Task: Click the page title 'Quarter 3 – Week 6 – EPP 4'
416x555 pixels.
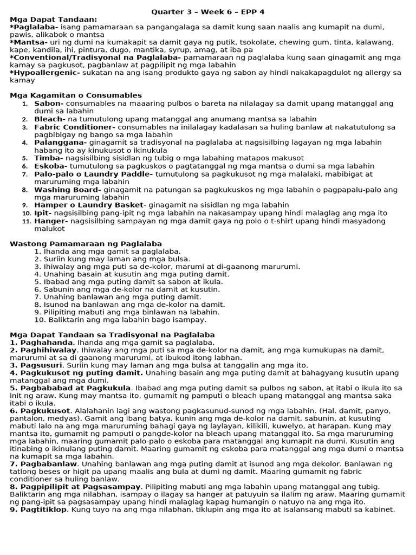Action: [208, 11]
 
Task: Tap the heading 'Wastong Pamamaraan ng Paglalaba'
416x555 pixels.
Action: [86, 244]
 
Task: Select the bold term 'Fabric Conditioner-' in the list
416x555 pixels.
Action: [75, 127]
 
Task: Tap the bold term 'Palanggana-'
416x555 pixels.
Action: [60, 142]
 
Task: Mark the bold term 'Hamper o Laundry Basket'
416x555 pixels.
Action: [88, 205]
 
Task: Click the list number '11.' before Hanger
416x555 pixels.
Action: [27, 221]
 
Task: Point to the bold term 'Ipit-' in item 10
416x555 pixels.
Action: [43, 213]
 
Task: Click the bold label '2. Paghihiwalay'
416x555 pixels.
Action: [43, 350]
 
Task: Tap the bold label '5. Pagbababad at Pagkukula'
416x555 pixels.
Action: [70, 388]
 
